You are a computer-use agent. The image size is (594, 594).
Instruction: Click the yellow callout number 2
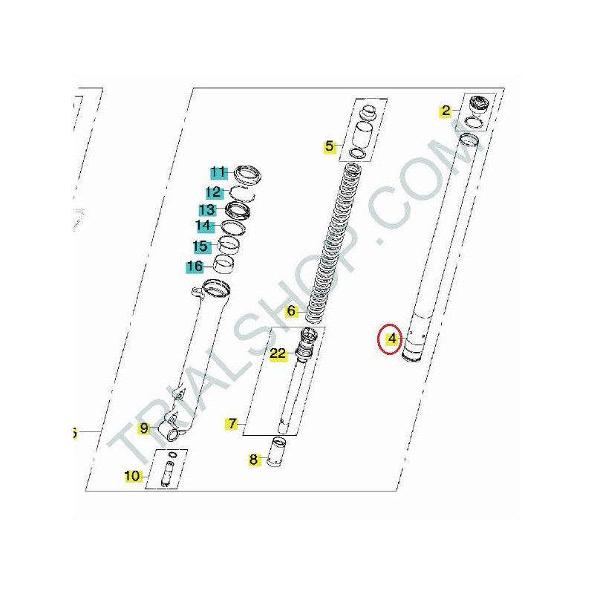446,111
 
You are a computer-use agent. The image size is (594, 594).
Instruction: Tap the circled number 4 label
392,339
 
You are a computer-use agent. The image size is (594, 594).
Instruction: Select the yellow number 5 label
330,146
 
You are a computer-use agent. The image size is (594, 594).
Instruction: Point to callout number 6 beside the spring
291,311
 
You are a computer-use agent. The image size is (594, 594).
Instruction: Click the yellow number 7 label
232,423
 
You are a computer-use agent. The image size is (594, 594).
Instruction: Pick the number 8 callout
253,460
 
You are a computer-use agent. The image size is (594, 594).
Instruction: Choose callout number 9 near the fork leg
144,428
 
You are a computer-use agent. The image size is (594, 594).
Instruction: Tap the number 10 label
132,476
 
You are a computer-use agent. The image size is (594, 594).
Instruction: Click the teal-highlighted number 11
218,172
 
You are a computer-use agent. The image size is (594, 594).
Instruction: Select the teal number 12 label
214,192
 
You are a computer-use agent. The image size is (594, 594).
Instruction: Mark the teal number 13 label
208,209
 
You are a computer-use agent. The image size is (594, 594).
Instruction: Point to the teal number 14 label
203,226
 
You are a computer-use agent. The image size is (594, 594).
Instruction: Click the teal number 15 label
200,247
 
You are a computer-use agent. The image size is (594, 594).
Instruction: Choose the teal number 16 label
195,267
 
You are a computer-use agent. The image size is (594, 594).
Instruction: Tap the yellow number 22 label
278,354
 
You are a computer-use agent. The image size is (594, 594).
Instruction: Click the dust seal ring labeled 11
248,174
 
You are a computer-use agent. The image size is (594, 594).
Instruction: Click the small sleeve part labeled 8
278,452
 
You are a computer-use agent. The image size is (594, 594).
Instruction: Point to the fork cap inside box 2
479,105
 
